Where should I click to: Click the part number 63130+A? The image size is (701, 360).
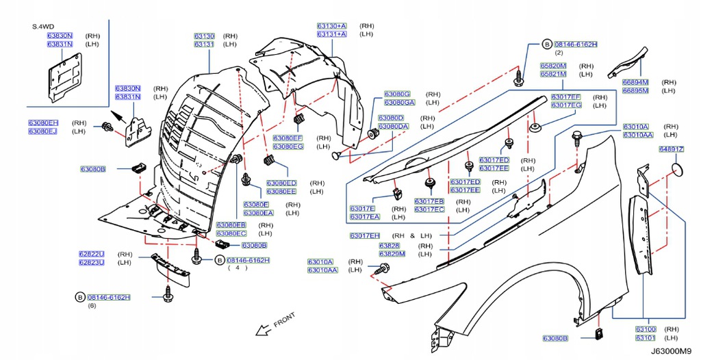click(332, 26)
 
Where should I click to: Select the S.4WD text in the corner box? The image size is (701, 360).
click(43, 27)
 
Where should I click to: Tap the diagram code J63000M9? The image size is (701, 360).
click(674, 351)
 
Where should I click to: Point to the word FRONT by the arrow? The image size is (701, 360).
click(284, 320)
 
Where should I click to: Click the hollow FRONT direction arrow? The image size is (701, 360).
click(264, 331)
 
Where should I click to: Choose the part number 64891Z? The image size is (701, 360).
click(672, 149)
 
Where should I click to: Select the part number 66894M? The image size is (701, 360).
click(635, 82)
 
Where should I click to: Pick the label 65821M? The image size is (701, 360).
click(553, 74)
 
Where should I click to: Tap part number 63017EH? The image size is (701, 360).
click(365, 235)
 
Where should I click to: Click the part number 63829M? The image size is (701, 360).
click(392, 254)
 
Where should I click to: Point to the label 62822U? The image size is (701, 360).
click(92, 254)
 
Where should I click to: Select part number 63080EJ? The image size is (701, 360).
click(43, 131)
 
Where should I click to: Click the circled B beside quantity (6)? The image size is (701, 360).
click(80, 297)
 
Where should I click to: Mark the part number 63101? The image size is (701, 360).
click(646, 337)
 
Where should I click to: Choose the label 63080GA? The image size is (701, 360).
click(400, 103)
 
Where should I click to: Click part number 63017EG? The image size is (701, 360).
click(566, 105)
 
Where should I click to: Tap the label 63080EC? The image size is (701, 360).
click(231, 233)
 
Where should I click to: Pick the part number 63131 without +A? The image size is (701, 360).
click(204, 44)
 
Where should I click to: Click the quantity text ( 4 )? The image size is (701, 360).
click(238, 268)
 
